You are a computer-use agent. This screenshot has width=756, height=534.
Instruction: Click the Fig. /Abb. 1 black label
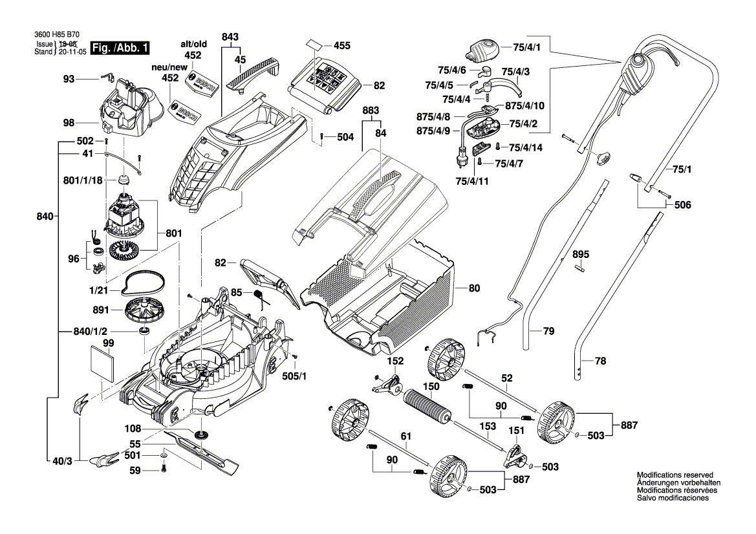[x=121, y=48]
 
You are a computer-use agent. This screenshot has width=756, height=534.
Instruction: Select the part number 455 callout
[x=341, y=46]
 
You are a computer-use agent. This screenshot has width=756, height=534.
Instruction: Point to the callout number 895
[x=581, y=255]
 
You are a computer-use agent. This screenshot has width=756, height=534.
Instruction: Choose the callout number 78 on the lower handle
[x=600, y=361]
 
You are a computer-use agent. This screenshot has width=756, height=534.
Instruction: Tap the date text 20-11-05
[x=72, y=51]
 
